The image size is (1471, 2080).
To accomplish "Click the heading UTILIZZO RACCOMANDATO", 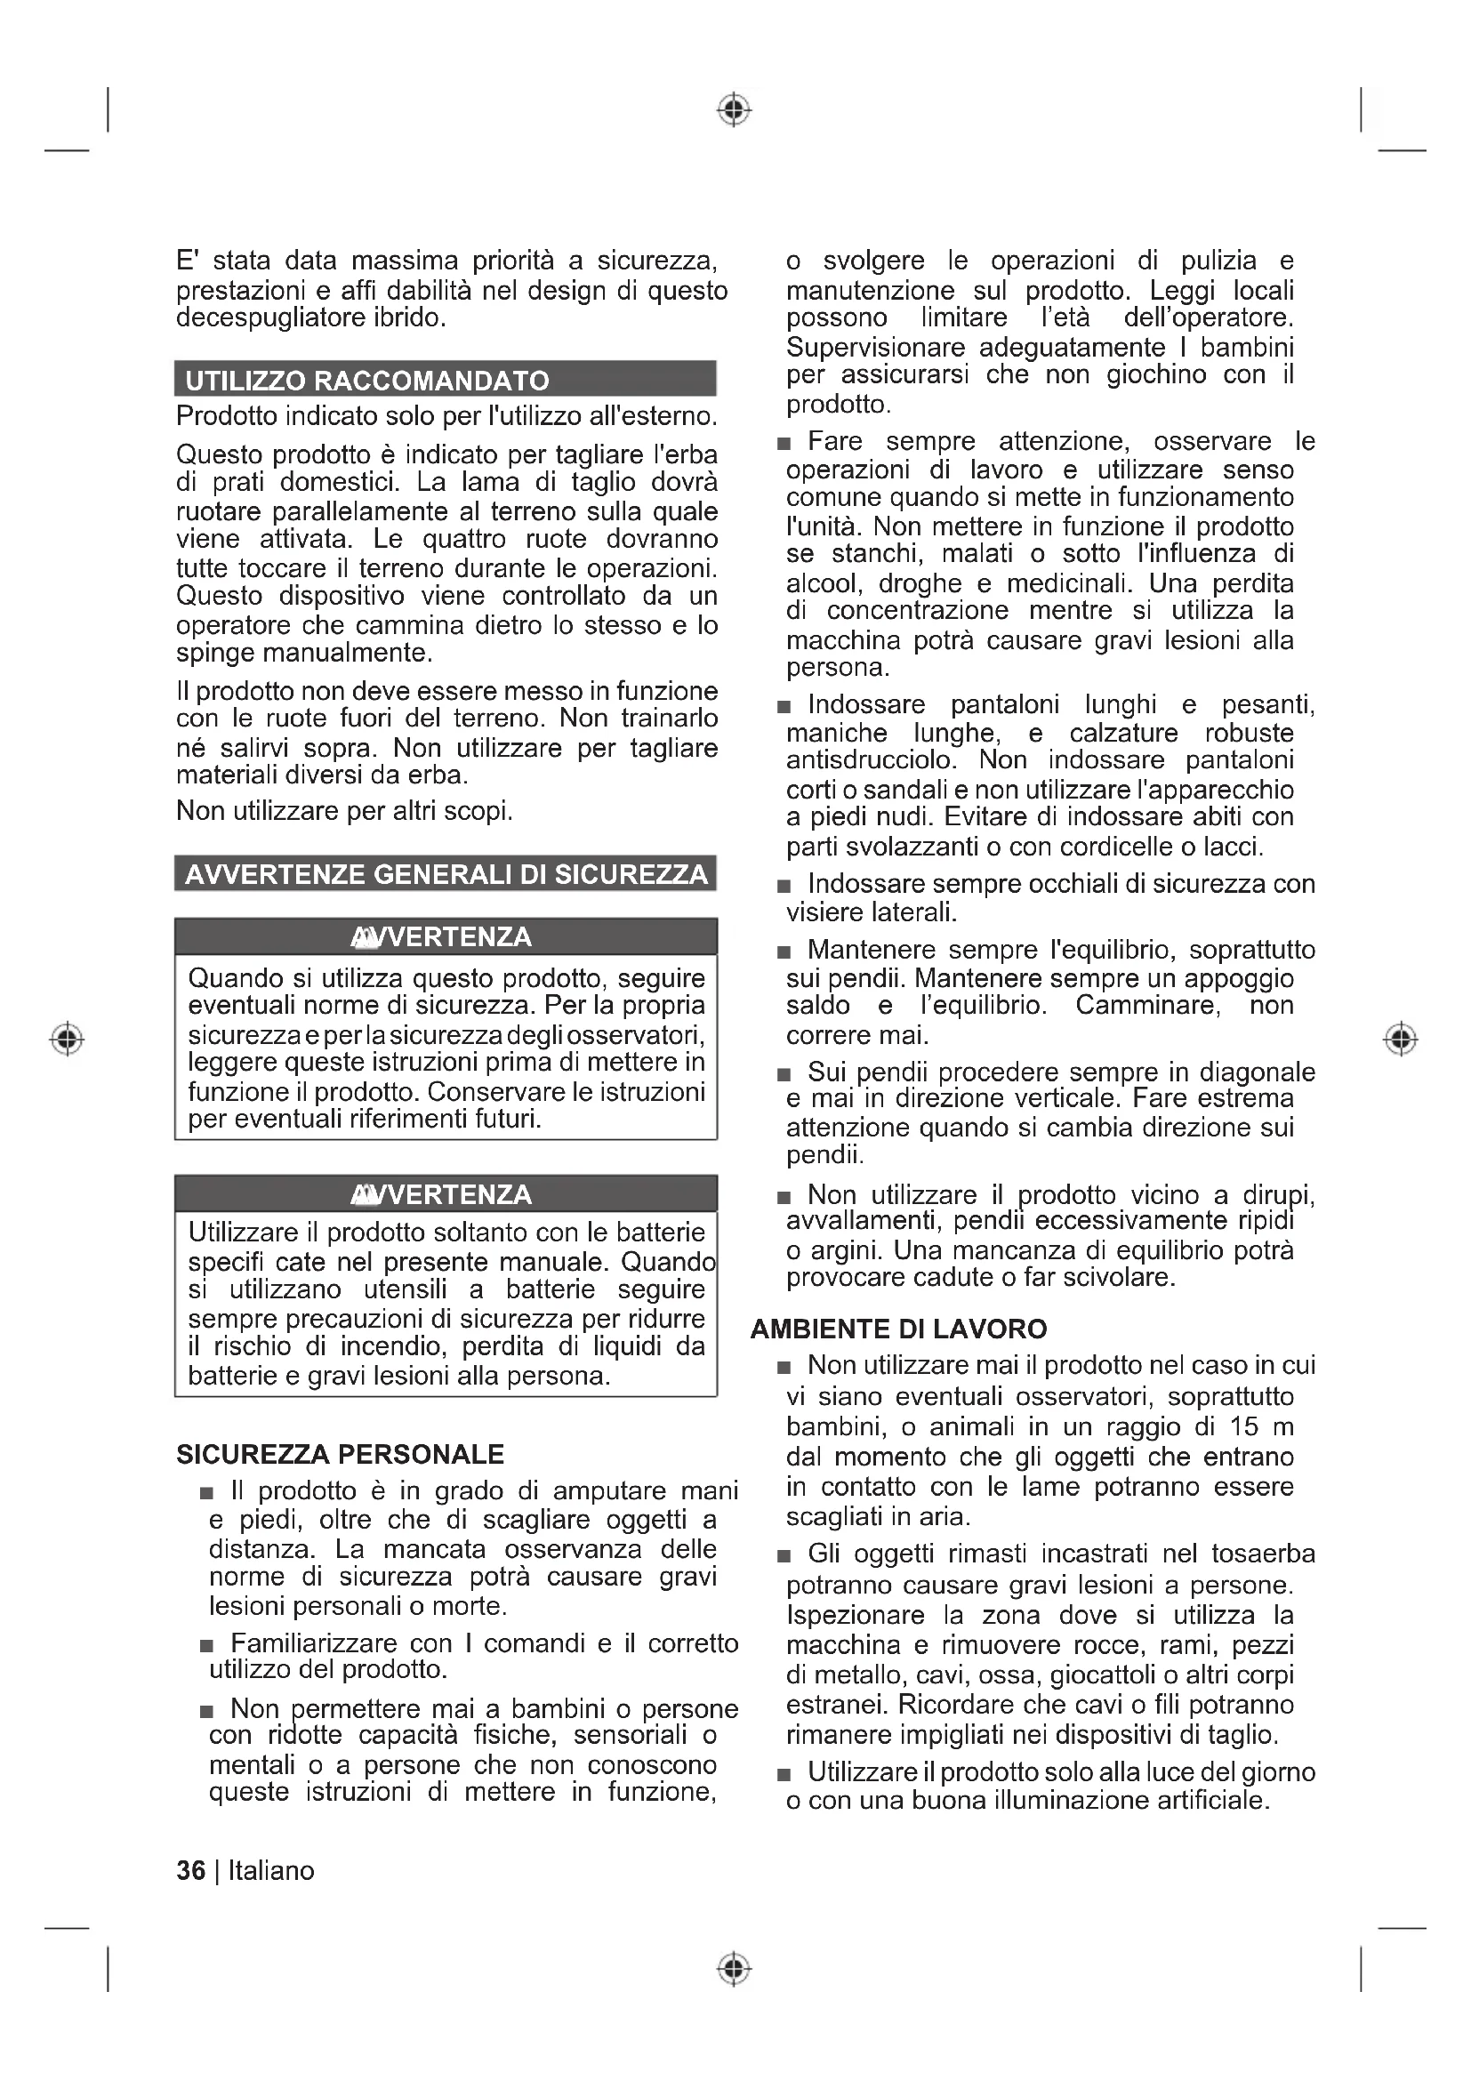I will coord(366,381).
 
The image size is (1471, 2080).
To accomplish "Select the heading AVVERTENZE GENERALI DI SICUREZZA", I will coord(446,874).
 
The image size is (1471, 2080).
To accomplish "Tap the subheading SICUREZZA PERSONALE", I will coord(340,1455).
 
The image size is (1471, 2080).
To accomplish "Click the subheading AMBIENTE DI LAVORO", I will coord(898,1329).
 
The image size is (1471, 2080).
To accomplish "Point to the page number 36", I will coord(191,1871).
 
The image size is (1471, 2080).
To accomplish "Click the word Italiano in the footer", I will coord(271,1871).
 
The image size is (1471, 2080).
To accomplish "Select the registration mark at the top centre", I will coord(735,109).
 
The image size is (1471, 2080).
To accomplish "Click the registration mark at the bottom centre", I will coord(735,1969).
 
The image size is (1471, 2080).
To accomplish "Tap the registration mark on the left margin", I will coord(67,1038).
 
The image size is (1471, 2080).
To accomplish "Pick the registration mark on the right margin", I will coord(1402,1038).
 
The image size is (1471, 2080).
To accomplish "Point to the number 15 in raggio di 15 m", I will coord(1244,1426).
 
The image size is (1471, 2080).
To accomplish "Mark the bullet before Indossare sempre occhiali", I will coord(784,886).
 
